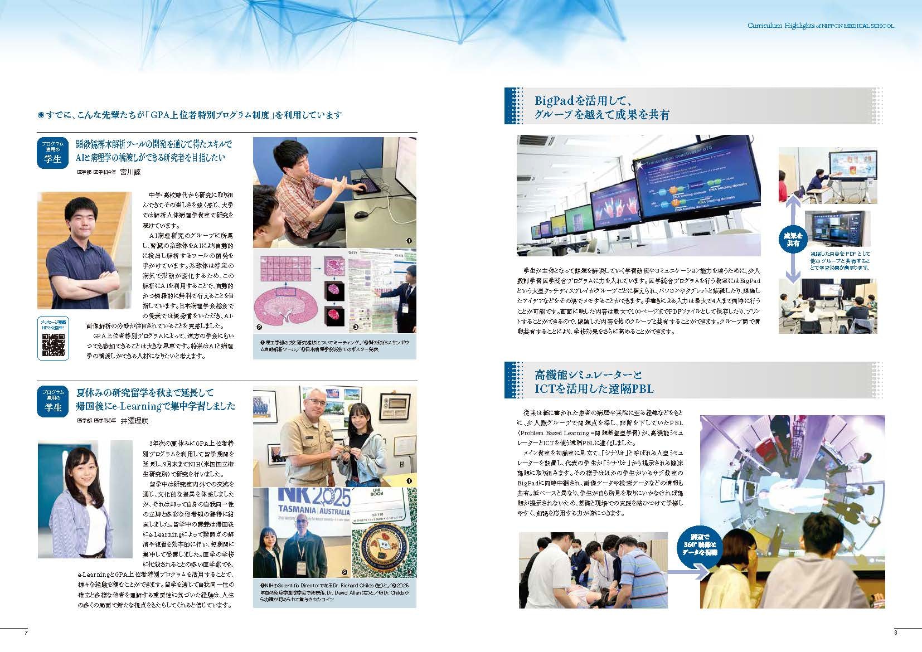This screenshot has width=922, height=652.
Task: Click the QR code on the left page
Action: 53,346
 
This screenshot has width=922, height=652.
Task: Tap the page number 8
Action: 895,632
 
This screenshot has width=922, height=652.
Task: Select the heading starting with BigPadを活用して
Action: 583,101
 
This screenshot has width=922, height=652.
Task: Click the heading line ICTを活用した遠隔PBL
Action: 594,389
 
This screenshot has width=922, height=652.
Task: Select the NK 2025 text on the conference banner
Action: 303,497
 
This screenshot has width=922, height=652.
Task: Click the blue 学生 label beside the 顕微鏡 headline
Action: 53,159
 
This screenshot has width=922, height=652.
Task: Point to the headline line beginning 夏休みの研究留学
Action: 145,393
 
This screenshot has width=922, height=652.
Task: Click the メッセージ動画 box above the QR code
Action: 53,325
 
